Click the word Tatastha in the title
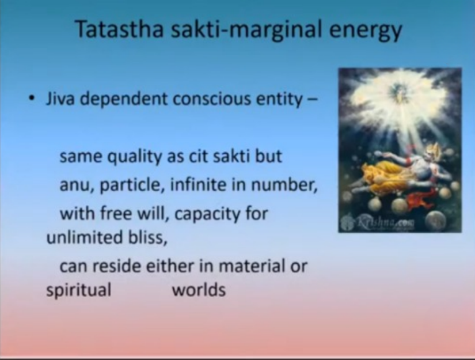click(x=120, y=29)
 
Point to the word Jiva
click(x=60, y=98)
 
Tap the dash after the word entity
click(x=313, y=100)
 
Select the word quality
click(x=135, y=157)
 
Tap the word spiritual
click(x=79, y=290)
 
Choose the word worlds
click(x=199, y=290)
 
